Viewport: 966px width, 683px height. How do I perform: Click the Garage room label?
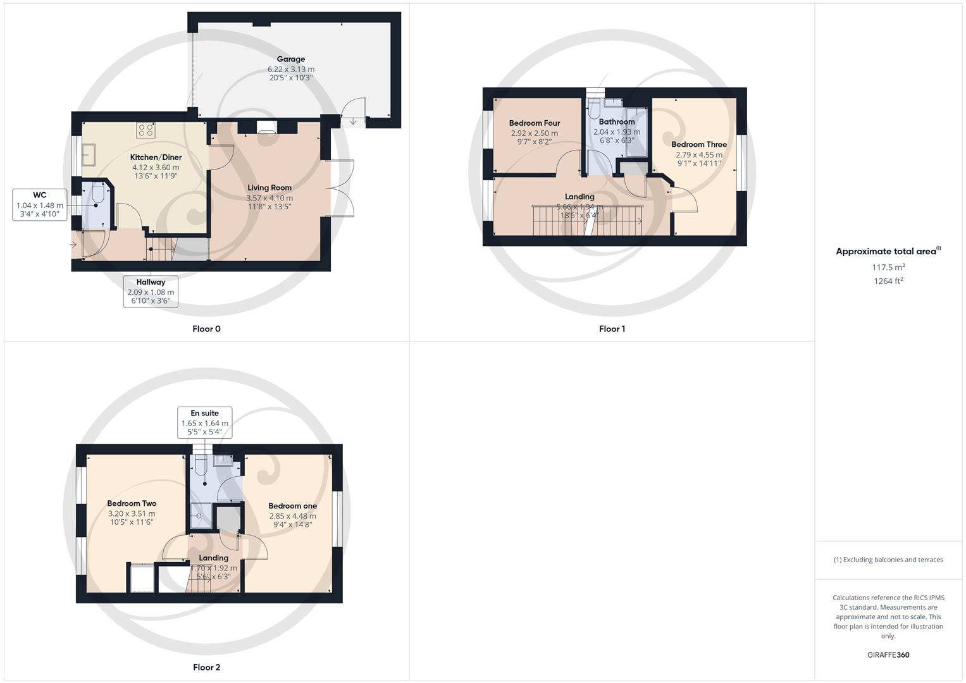(290, 59)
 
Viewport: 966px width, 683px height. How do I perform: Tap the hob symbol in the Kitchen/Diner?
(146, 130)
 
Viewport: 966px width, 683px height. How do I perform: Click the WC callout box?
(39, 204)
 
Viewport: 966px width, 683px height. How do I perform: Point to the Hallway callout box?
(151, 291)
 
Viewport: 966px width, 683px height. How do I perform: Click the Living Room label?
(269, 187)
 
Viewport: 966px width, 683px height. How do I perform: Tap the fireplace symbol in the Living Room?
(266, 127)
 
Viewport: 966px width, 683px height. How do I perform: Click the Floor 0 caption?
(206, 328)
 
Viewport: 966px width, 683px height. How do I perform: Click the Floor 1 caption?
(612, 328)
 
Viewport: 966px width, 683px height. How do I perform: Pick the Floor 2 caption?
(206, 667)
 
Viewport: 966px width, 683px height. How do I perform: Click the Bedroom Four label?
(535, 123)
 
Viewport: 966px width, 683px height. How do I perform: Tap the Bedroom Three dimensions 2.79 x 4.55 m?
(699, 154)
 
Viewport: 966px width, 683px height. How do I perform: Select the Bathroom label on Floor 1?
(617, 121)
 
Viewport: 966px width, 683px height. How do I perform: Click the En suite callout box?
(204, 422)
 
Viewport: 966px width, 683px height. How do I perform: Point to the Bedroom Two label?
(132, 503)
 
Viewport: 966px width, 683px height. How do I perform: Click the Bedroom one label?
(292, 505)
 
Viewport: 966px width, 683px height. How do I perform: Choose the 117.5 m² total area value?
(888, 267)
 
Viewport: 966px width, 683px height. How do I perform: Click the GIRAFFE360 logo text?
(888, 655)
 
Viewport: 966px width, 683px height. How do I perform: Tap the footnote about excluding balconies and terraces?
(888, 560)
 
